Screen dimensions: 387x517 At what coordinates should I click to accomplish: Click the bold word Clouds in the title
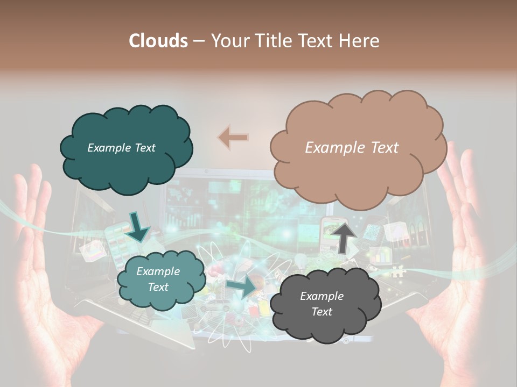tap(158, 41)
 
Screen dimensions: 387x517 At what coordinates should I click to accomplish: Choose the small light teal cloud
tap(161, 279)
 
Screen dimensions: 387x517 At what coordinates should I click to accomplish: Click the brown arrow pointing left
tap(233, 137)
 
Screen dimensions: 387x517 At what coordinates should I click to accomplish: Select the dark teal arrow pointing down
tap(137, 226)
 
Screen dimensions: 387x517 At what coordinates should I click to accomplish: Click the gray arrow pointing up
tap(344, 236)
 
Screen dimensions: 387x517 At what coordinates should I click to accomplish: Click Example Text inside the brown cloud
tap(352, 147)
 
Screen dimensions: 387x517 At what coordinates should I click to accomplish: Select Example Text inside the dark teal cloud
tap(121, 148)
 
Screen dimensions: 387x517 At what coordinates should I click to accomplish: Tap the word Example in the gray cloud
tap(322, 296)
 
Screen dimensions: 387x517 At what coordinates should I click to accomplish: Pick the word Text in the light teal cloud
tap(158, 287)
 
